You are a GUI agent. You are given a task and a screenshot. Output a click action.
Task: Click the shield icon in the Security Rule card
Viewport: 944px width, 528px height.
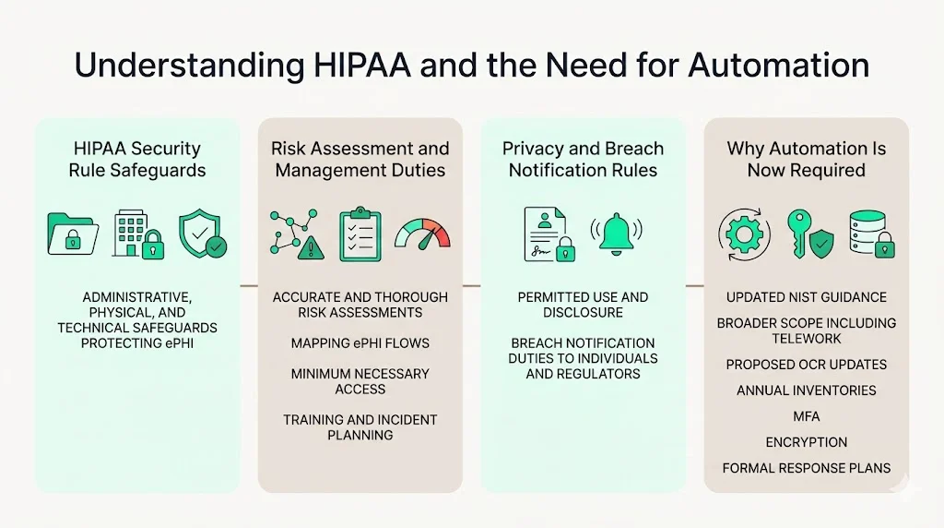point(202,233)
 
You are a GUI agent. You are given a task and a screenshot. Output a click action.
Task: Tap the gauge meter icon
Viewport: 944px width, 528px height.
point(423,233)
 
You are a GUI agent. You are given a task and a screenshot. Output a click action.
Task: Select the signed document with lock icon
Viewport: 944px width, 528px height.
point(549,234)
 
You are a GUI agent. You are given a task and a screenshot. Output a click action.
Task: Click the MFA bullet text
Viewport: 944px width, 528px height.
point(806,416)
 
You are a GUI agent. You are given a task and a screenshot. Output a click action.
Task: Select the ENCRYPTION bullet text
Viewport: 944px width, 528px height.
point(806,442)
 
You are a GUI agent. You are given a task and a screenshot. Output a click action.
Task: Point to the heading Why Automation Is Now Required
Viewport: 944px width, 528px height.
point(806,159)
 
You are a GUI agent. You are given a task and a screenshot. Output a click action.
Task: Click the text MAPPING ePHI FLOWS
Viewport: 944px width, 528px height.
point(360,343)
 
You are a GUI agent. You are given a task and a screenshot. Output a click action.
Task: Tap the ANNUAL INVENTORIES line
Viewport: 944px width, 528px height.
point(806,390)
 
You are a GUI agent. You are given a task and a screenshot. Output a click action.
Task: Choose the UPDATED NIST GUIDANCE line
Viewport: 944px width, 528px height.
point(806,297)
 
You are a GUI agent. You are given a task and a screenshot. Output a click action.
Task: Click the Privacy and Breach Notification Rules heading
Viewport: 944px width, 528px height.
point(583,159)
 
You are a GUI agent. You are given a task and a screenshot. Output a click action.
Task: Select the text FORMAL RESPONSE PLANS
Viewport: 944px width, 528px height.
point(806,468)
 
